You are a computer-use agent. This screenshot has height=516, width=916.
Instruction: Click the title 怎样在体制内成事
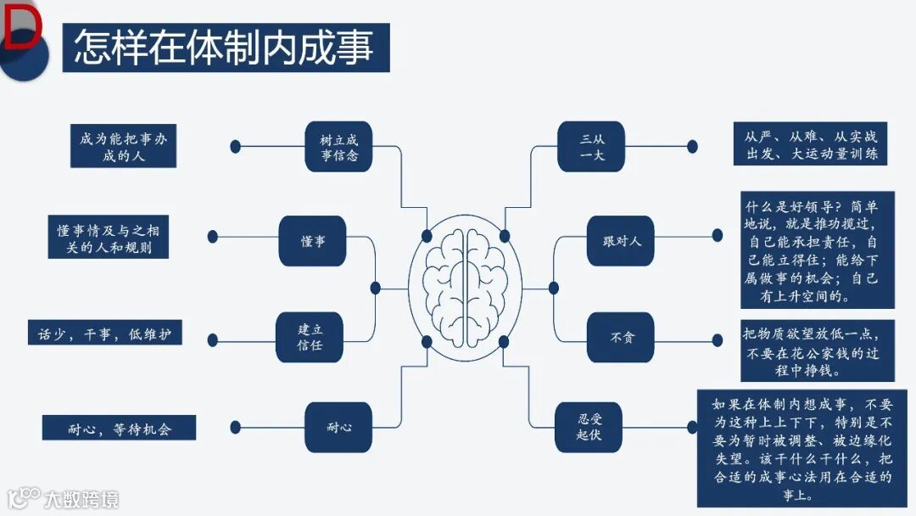[x=226, y=48]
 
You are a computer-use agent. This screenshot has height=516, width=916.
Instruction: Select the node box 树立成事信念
[x=339, y=147]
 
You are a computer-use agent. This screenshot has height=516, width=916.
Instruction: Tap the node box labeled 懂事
[x=312, y=241]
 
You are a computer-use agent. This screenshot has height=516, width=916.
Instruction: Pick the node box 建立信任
[x=310, y=337]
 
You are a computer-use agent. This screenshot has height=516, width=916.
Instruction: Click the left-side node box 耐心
[x=338, y=427]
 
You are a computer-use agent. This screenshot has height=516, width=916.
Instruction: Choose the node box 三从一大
[x=591, y=147]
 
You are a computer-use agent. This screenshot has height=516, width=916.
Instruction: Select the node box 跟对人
[x=620, y=241]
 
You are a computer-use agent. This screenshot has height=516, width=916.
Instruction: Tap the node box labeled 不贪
[x=620, y=337]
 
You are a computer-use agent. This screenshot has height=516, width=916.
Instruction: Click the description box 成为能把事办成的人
[x=124, y=147]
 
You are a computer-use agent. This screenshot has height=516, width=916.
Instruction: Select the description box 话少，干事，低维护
[x=104, y=333]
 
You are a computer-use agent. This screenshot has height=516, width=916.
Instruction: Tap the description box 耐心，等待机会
[x=120, y=428]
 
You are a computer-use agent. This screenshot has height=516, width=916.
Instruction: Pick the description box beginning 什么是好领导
[x=817, y=250]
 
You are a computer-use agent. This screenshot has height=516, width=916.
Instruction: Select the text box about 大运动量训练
[x=811, y=144]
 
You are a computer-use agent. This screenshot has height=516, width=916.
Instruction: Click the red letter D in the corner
[x=22, y=27]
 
